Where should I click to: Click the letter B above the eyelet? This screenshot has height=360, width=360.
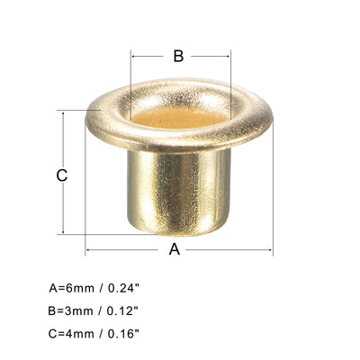pyautogui.click(x=178, y=56)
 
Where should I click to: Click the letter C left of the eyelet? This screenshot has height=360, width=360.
pyautogui.click(x=62, y=175)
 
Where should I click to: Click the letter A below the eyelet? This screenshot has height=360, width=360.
pyautogui.click(x=175, y=249)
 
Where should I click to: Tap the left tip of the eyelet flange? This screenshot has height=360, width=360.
pyautogui.click(x=88, y=118)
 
